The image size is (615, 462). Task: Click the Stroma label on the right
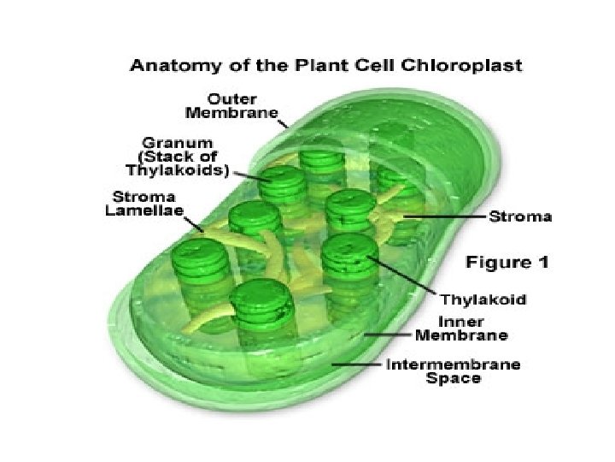519,217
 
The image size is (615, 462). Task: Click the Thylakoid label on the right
481,299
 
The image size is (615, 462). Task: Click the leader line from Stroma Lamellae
194,225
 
